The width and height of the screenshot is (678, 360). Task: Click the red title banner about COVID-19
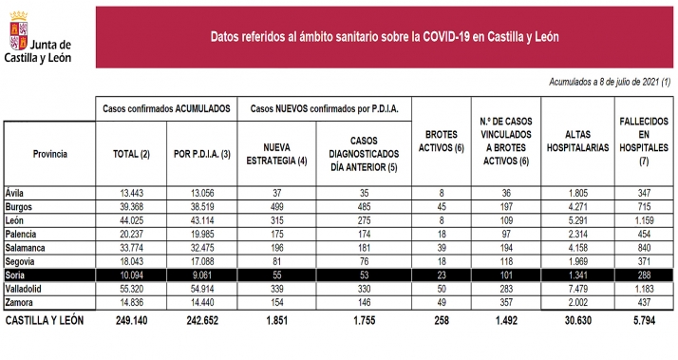pos(384,37)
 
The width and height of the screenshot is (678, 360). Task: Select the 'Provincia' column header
pos(49,152)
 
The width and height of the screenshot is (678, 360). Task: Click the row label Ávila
pos(15,192)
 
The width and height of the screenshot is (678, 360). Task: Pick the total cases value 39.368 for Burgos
pos(133,205)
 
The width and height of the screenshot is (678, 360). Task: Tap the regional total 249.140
pos(133,321)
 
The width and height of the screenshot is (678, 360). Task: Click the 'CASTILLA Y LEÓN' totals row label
pos(46,321)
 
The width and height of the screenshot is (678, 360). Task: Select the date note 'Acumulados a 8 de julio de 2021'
pos(609,83)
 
